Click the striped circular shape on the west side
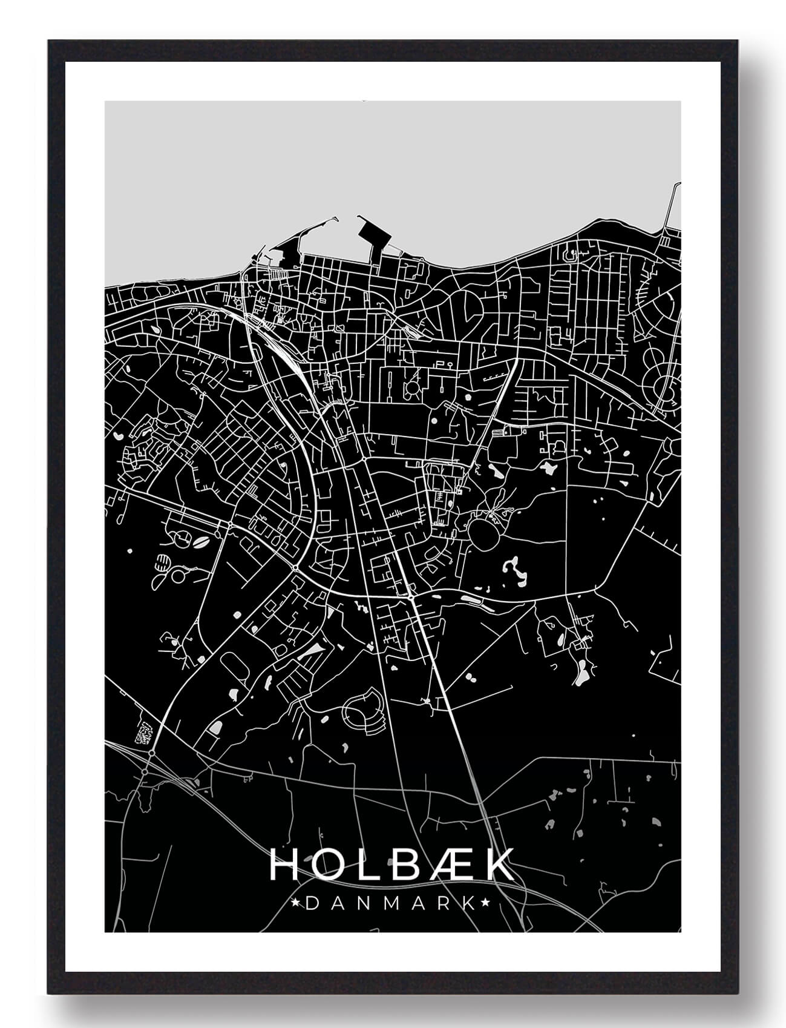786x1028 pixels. click(162, 562)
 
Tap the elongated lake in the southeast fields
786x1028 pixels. click(582, 672)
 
